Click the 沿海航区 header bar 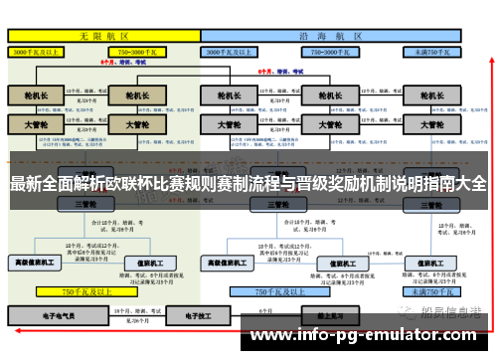[x=333, y=35]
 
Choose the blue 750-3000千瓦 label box [x=334, y=51]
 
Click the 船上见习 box [x=317, y=316]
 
